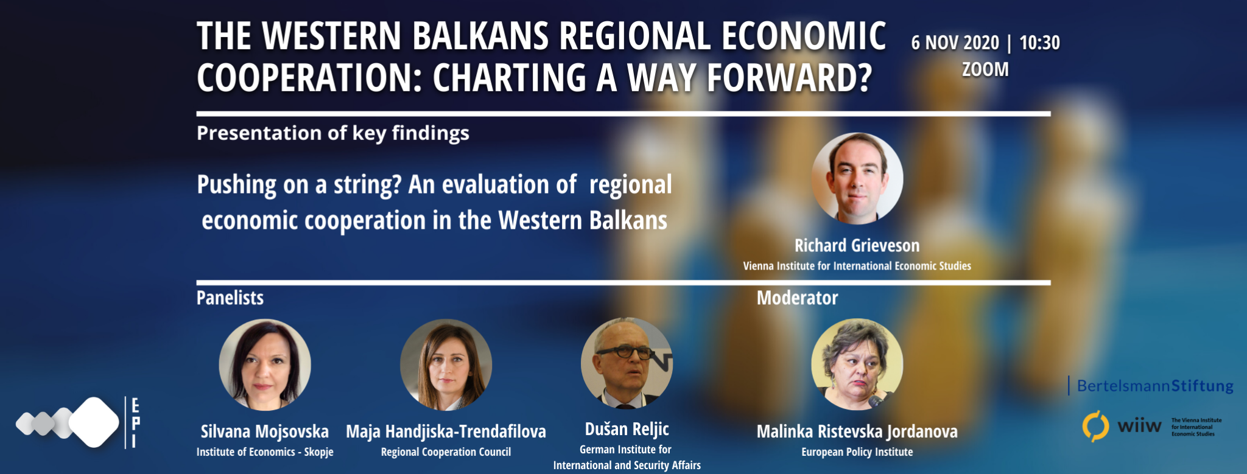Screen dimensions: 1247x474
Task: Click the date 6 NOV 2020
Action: pos(955,43)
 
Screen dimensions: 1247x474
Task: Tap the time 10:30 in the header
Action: pos(1039,43)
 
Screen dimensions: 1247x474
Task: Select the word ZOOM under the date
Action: pos(985,69)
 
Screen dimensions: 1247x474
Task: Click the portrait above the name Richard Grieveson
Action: pos(857,178)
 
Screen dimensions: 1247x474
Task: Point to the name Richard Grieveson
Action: pos(857,245)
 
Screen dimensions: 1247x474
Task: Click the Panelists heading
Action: pos(230,298)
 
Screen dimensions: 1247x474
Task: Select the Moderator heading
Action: pos(797,298)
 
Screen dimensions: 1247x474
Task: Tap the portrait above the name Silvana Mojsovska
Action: pos(265,364)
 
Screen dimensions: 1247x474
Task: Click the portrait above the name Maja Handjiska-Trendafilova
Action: pos(446,364)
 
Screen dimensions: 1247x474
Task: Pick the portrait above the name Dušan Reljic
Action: pos(627,363)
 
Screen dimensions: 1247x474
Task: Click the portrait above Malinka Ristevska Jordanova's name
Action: pos(857,364)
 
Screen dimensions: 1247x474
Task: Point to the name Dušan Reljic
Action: pos(627,429)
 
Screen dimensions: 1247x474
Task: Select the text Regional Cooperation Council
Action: pos(446,452)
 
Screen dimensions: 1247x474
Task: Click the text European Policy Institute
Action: pos(857,452)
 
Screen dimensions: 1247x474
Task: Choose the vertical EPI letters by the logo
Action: pos(135,423)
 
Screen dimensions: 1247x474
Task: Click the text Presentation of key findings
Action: pos(333,133)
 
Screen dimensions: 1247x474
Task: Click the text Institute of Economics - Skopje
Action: pos(265,452)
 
